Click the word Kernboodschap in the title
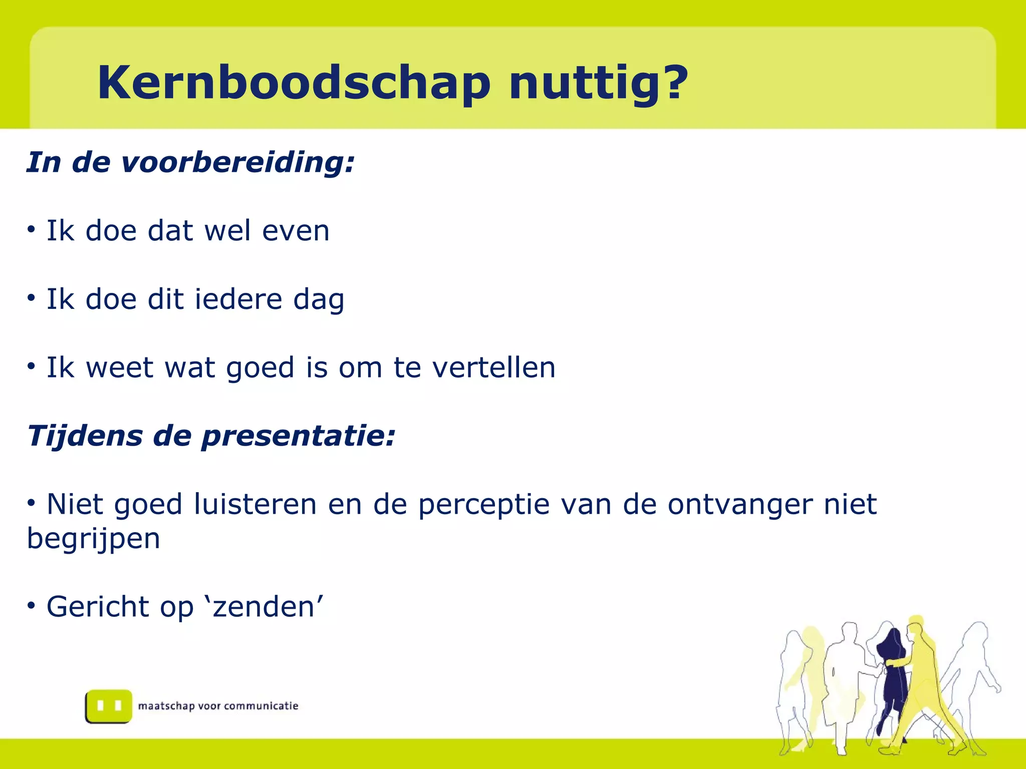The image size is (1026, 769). (294, 83)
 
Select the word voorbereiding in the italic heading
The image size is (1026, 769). (238, 162)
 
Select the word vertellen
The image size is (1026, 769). (493, 367)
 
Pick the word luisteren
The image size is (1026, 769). (255, 504)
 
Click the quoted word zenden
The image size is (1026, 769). (264, 607)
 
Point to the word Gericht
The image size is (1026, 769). (97, 607)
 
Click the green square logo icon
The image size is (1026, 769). (109, 706)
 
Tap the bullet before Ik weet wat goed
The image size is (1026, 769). (32, 366)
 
